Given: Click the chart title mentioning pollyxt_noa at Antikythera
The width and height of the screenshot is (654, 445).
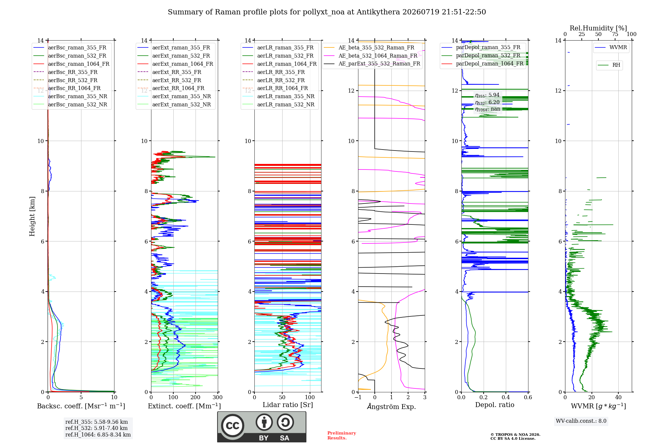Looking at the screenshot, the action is pyautogui.click(x=327, y=12).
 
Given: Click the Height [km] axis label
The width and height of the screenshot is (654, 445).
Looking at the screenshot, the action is pyautogui.click(x=32, y=216).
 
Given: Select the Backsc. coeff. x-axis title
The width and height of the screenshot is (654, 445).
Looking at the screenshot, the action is pyautogui.click(x=81, y=406).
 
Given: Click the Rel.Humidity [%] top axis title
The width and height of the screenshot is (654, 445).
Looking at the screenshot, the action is pyautogui.click(x=598, y=28).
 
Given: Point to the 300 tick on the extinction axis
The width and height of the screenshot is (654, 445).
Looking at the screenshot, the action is pyautogui.click(x=217, y=397).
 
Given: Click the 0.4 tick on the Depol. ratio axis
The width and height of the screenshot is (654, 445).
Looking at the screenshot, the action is pyautogui.click(x=506, y=397).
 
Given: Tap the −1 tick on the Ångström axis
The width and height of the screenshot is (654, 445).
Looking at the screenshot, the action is pyautogui.click(x=358, y=397).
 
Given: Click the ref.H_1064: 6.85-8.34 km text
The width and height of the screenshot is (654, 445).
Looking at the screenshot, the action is pyautogui.click(x=98, y=435).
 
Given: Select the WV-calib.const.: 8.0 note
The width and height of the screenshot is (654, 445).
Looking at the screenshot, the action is pyautogui.click(x=581, y=421).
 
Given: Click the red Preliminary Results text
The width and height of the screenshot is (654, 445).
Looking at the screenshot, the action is pyautogui.click(x=342, y=436).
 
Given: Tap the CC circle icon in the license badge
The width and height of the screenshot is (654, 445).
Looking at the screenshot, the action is pyautogui.click(x=232, y=426).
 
